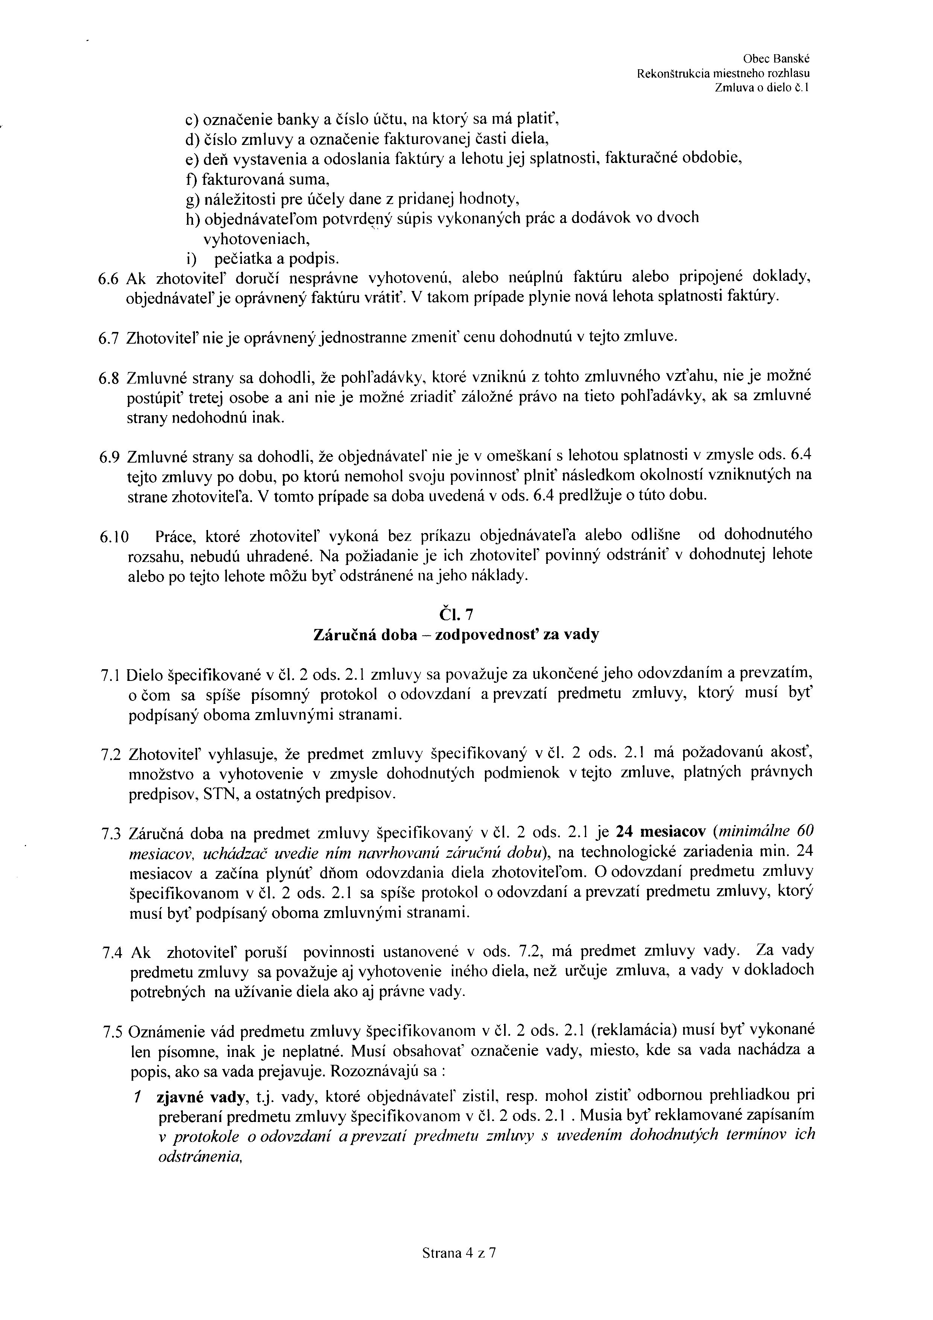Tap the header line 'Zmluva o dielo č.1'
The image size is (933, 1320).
point(761,88)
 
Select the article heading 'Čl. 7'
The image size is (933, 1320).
point(456,615)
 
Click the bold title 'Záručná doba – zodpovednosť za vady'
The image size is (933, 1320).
point(456,635)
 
